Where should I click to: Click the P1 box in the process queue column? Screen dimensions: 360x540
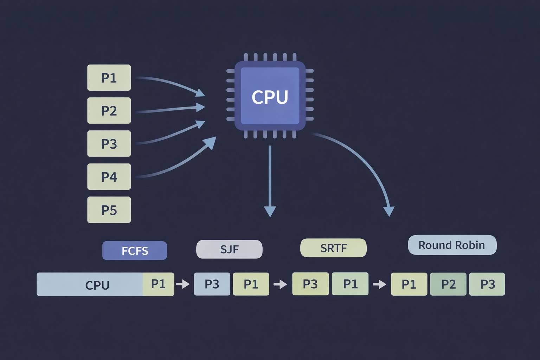click(x=109, y=78)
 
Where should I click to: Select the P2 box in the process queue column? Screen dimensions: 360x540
click(x=109, y=111)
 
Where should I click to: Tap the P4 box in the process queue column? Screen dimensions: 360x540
click(x=109, y=177)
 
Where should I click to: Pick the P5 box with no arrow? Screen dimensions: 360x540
click(x=109, y=210)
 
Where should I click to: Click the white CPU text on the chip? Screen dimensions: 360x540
click(x=270, y=97)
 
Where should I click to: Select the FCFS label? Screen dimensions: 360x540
click(x=135, y=251)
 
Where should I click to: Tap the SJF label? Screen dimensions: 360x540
click(x=229, y=249)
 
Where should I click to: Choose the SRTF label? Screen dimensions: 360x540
click(x=333, y=248)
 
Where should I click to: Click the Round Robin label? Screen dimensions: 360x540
click(x=452, y=245)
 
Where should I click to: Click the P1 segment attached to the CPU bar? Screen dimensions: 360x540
click(x=158, y=284)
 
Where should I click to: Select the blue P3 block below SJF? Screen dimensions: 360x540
click(x=212, y=284)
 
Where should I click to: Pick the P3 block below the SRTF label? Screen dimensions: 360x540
click(x=310, y=284)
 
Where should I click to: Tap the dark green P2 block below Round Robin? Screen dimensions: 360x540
click(x=448, y=284)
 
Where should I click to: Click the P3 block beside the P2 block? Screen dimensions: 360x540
click(x=487, y=284)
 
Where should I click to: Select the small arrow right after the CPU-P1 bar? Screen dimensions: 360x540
click(x=183, y=284)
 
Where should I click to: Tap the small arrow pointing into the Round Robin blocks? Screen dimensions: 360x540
click(x=379, y=284)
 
